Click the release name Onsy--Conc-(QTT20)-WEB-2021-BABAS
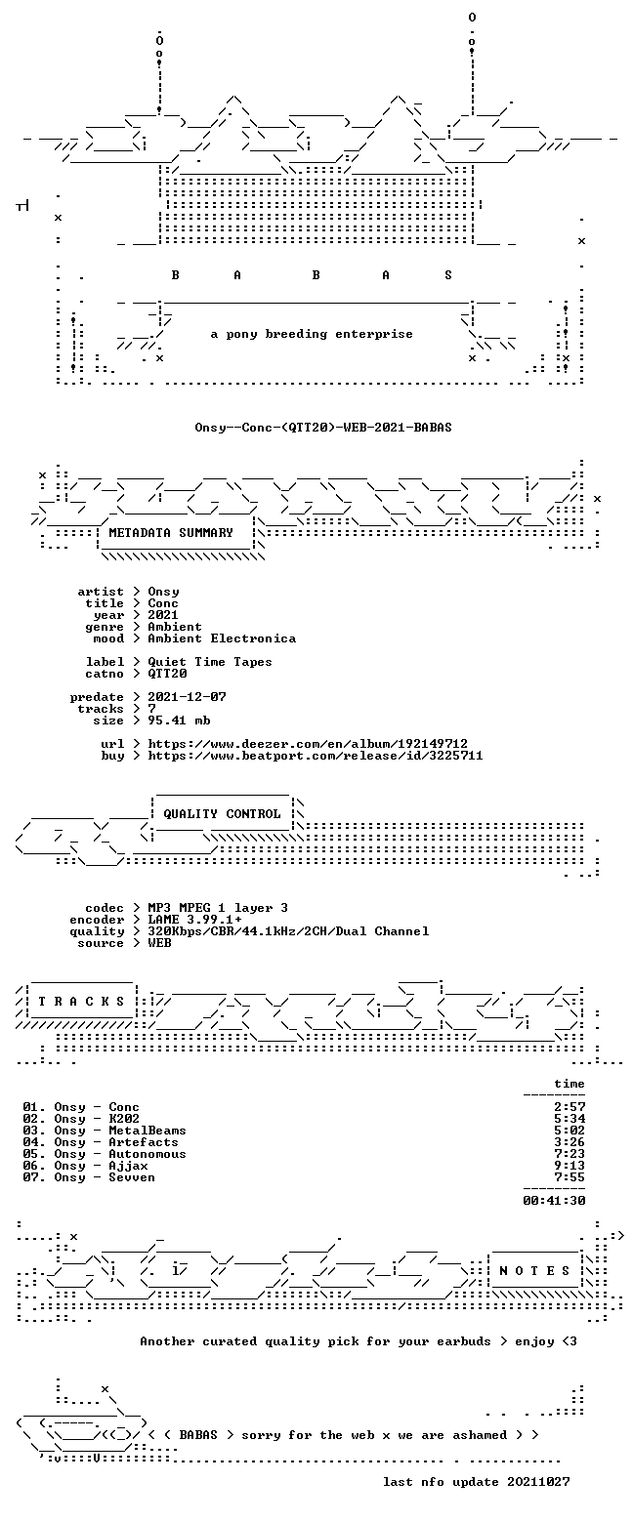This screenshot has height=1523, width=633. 323,428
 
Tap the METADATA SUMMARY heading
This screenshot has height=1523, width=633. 171,533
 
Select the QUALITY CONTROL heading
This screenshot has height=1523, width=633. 222,814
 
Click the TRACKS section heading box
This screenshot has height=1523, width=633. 82,1002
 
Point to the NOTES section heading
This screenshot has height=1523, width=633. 534,1271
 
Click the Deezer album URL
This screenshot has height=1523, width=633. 308,744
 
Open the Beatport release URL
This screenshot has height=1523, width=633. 316,756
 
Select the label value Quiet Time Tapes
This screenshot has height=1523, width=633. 210,662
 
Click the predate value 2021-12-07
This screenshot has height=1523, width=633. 188,697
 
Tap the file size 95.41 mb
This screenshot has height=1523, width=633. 179,720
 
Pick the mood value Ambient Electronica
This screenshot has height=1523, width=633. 222,638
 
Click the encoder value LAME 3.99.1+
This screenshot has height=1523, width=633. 194,920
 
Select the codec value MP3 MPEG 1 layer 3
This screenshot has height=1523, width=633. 218,908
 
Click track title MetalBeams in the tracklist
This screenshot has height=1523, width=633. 148,1131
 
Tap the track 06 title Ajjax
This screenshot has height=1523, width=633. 128,1166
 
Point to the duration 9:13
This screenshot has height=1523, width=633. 570,1166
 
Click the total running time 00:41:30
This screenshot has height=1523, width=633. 554,1201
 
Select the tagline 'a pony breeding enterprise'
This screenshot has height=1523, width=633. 312,334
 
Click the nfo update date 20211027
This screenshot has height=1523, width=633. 538,1482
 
